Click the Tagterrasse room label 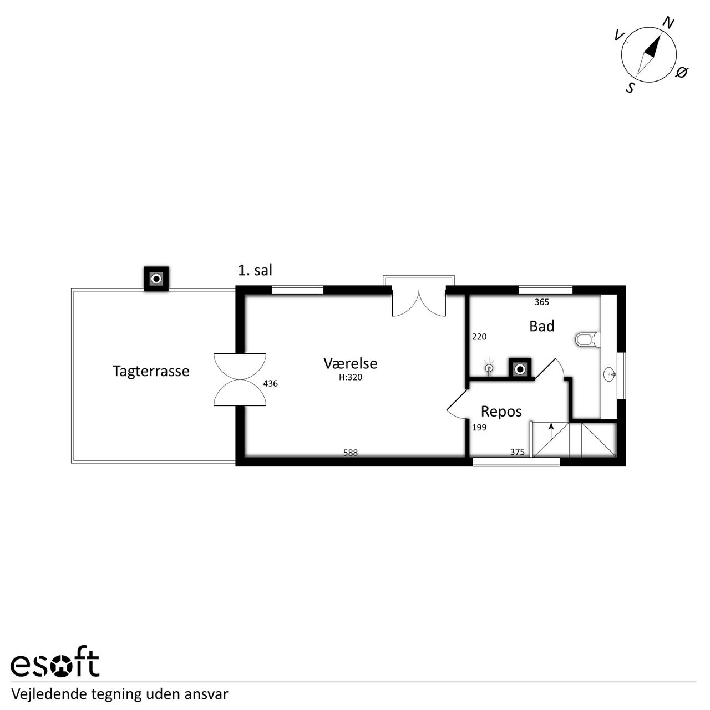(x=151, y=371)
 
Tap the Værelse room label (x=351, y=363)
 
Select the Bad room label (x=541, y=326)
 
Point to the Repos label (x=501, y=412)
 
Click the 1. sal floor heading (x=255, y=271)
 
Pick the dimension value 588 (x=351, y=453)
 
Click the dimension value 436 (x=270, y=383)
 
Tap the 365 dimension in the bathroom (x=541, y=302)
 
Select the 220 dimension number (x=479, y=337)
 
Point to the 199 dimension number (x=479, y=428)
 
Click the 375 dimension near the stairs (x=518, y=452)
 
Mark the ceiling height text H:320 (x=351, y=377)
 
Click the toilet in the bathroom (x=588, y=339)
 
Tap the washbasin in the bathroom (x=610, y=374)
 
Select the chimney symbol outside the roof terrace (x=156, y=279)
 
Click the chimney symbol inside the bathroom (x=520, y=369)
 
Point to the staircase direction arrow (x=551, y=432)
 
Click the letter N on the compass (x=668, y=23)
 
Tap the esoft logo (x=55, y=666)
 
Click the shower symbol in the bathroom (x=489, y=368)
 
